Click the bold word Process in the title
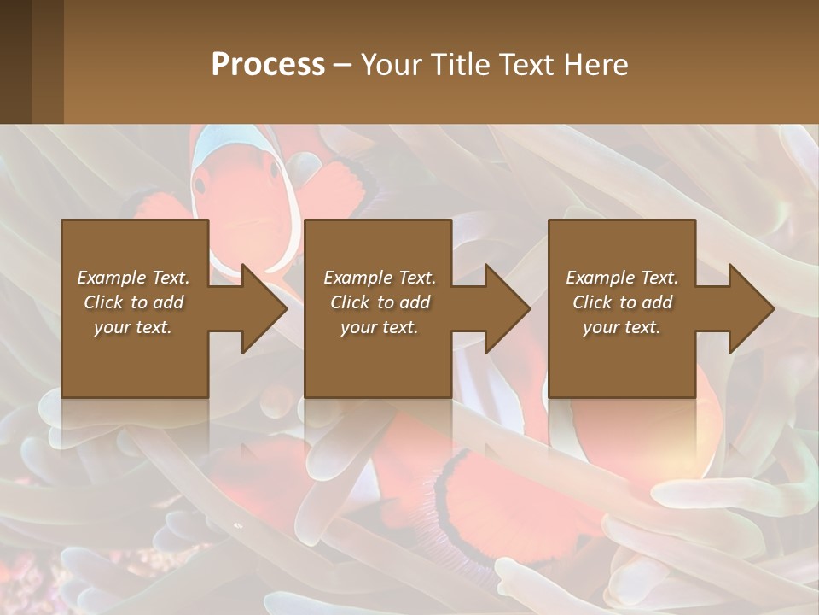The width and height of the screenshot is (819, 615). point(268,65)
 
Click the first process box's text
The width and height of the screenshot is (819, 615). point(134,302)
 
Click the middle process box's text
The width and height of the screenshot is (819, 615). point(380,302)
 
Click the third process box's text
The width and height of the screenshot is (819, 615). point(622,302)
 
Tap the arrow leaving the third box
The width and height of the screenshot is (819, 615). point(741,308)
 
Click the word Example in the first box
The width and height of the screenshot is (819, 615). point(111,278)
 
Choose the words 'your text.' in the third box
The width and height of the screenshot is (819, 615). point(622,327)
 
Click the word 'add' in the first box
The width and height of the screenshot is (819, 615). point(168,302)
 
